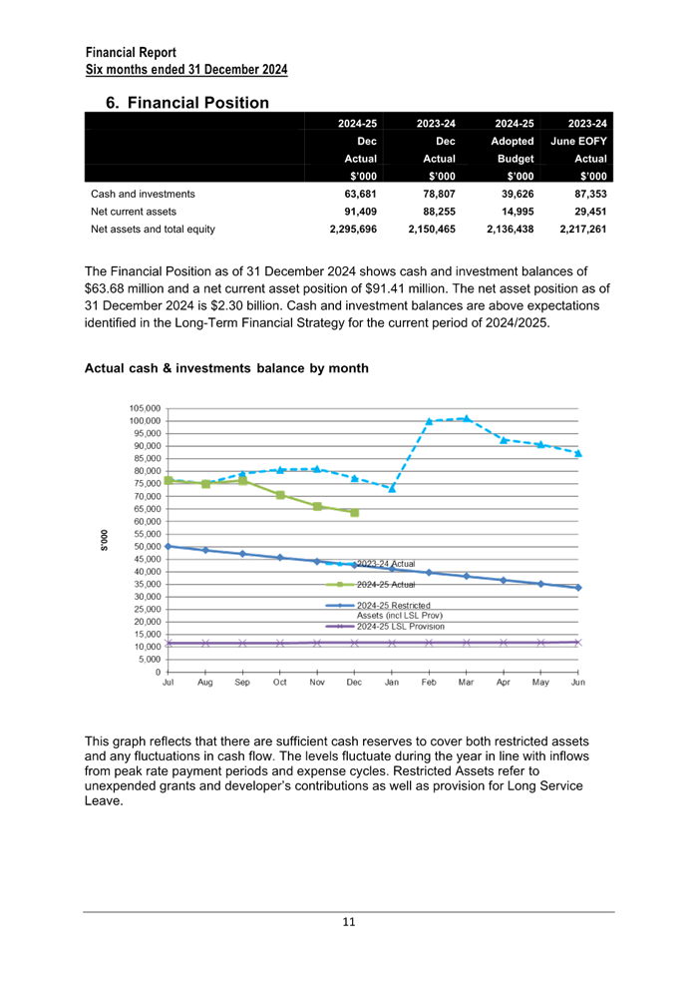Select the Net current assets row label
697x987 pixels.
coord(134,212)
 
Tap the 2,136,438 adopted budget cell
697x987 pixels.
coord(511,230)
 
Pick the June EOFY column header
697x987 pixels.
coord(578,141)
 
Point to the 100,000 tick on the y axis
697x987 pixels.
coord(146,420)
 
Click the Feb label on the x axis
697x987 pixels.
coord(429,683)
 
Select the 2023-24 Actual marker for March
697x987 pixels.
coord(466,418)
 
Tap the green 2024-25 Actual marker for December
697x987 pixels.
coord(355,513)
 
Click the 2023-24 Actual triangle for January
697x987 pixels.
coord(392,488)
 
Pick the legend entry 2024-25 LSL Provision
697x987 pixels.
coord(385,627)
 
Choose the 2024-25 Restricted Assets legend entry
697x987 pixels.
coord(384,610)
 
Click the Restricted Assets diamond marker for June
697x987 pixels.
coord(578,587)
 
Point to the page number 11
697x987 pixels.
coord(349,922)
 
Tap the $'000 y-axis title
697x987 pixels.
coord(105,540)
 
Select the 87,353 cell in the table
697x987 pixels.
coord(590,194)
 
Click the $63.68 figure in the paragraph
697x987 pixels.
coord(104,289)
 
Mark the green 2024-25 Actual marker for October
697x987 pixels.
coord(280,495)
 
